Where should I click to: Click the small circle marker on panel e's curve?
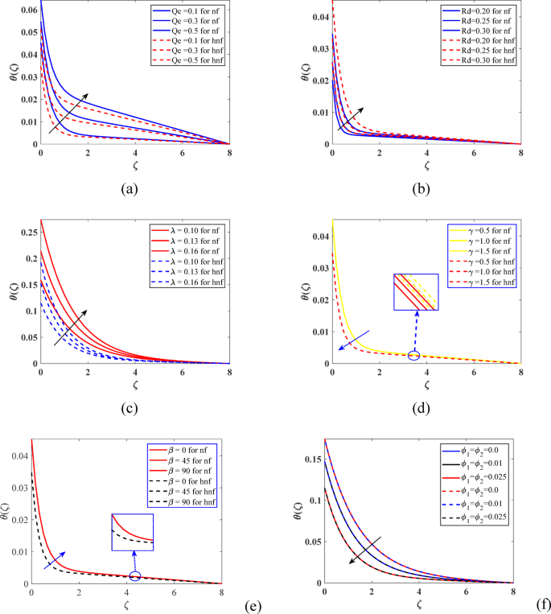tap(134, 575)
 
